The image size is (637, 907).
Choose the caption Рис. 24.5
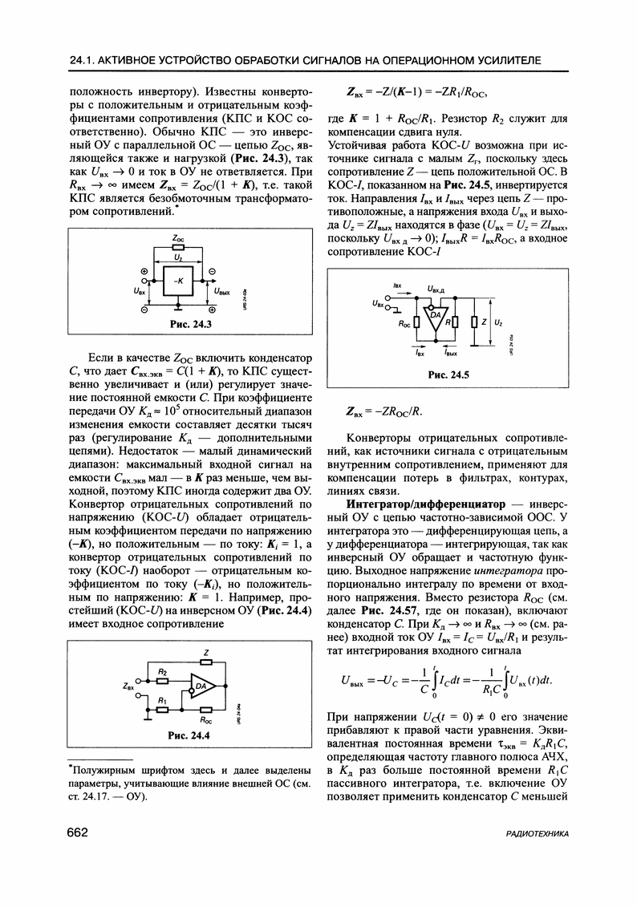(x=449, y=375)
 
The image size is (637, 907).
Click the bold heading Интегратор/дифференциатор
(x=425, y=503)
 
